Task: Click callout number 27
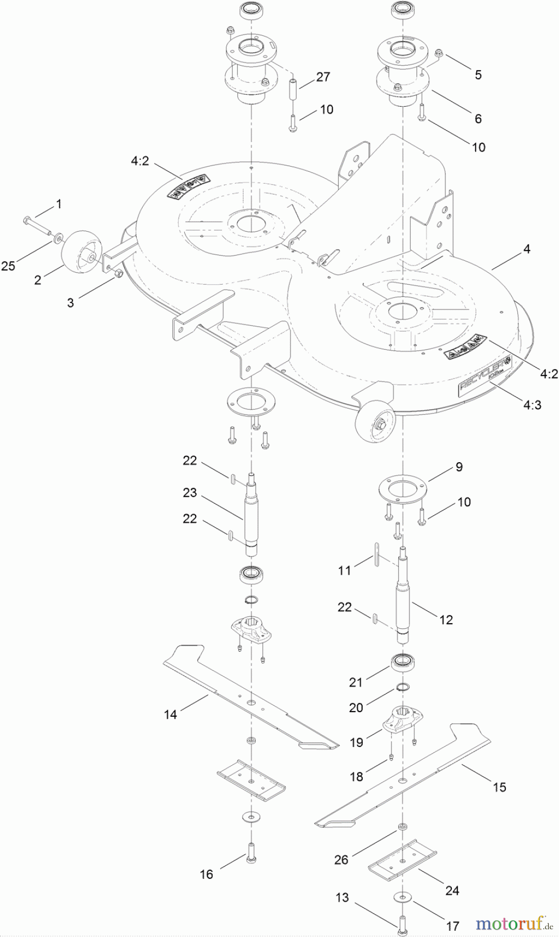point(323,77)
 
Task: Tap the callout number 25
point(8,266)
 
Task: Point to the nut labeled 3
point(118,274)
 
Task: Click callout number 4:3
point(532,404)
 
